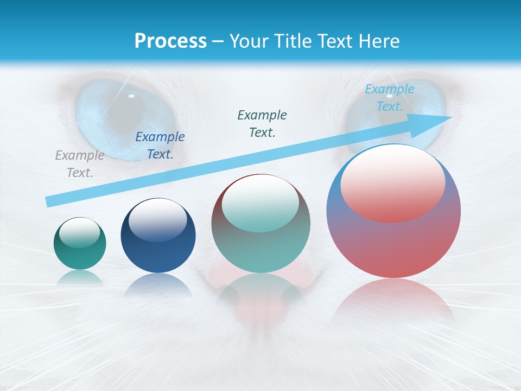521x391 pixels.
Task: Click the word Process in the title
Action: (x=170, y=41)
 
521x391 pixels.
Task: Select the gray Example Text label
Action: (x=79, y=164)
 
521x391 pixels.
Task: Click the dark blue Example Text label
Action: (x=160, y=146)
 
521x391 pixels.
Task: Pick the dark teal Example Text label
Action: (x=262, y=123)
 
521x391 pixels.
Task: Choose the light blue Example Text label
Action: (x=389, y=98)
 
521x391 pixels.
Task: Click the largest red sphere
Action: (x=393, y=244)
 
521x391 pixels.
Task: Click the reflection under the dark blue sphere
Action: (x=158, y=285)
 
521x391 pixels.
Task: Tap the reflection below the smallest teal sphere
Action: (x=80, y=278)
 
